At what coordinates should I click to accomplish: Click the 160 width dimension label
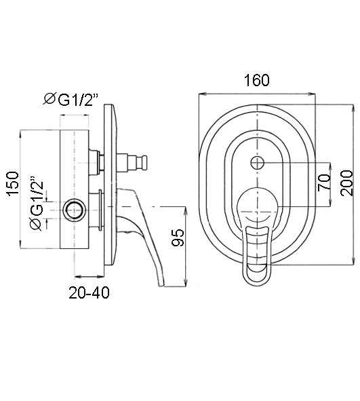[257, 80]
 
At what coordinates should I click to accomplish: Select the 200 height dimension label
[346, 183]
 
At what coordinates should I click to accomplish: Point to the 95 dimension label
[178, 237]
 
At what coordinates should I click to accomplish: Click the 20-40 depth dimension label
[89, 293]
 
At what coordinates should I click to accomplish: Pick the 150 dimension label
[14, 184]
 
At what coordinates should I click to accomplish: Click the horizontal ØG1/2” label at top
[71, 100]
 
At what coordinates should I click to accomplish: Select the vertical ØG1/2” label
[37, 204]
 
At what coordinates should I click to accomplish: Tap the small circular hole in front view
[258, 163]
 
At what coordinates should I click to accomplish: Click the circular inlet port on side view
[74, 210]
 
